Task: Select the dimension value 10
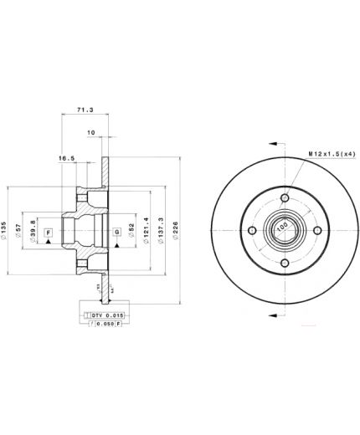point(90,132)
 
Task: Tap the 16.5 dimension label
point(67,157)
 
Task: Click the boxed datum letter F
point(49,231)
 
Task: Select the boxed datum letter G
point(116,231)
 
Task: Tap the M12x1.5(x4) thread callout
point(329,153)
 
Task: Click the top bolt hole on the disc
point(285,197)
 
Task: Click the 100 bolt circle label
point(282,227)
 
